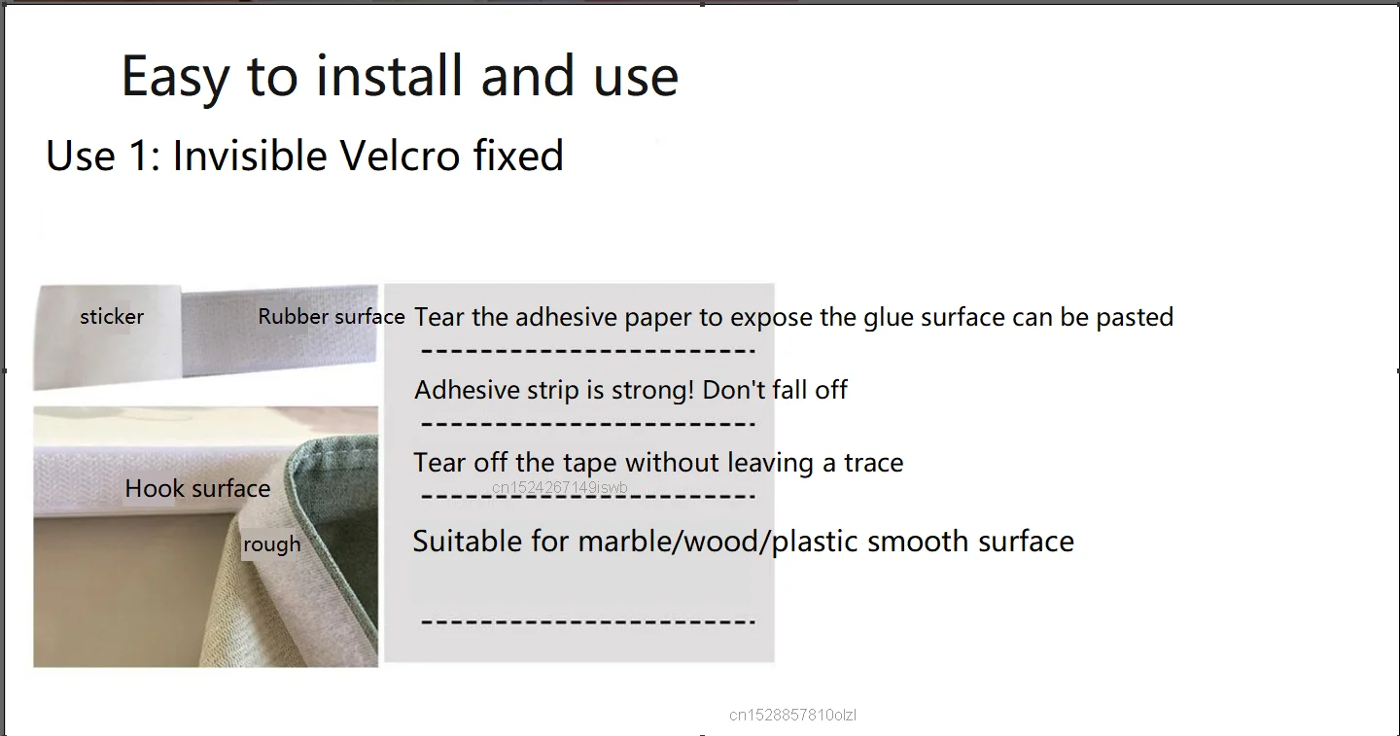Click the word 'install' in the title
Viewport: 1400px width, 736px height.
(x=389, y=76)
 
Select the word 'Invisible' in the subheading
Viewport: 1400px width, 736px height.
(x=249, y=155)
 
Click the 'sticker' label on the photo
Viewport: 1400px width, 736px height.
(x=112, y=317)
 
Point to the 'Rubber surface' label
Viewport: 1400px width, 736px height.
(x=332, y=317)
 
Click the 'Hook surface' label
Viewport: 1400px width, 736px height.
(x=197, y=489)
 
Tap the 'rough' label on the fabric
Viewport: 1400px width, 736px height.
(x=272, y=544)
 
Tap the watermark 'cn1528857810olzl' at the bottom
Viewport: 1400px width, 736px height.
(x=792, y=715)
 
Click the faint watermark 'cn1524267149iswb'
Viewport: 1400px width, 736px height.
(x=559, y=487)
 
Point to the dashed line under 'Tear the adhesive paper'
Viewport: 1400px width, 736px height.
(x=588, y=351)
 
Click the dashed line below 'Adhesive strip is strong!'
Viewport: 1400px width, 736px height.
(x=588, y=424)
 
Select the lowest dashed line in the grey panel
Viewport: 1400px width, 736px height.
(x=588, y=621)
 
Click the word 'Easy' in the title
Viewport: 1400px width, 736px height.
(x=175, y=77)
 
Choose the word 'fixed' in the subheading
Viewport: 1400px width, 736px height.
(x=518, y=155)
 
